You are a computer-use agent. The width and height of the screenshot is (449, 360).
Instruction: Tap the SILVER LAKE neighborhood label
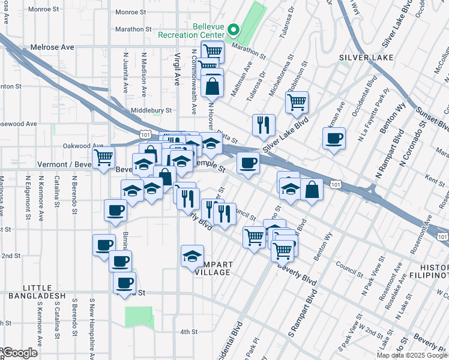click(366, 58)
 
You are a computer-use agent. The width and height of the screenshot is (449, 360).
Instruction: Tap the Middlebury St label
click(151, 110)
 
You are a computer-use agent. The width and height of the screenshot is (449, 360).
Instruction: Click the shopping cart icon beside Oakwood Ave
click(104, 157)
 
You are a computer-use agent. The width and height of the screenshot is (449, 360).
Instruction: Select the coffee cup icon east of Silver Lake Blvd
click(333, 139)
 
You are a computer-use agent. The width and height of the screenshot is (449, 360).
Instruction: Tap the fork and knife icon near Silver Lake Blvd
click(264, 125)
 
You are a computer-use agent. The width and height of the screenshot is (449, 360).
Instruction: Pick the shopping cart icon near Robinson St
click(297, 102)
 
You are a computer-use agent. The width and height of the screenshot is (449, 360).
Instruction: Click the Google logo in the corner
click(19, 353)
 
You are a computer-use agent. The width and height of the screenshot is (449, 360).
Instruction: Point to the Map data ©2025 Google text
click(412, 355)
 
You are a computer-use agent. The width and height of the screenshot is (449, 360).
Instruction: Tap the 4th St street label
click(189, 332)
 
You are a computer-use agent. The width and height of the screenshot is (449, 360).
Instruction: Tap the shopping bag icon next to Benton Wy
click(312, 189)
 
